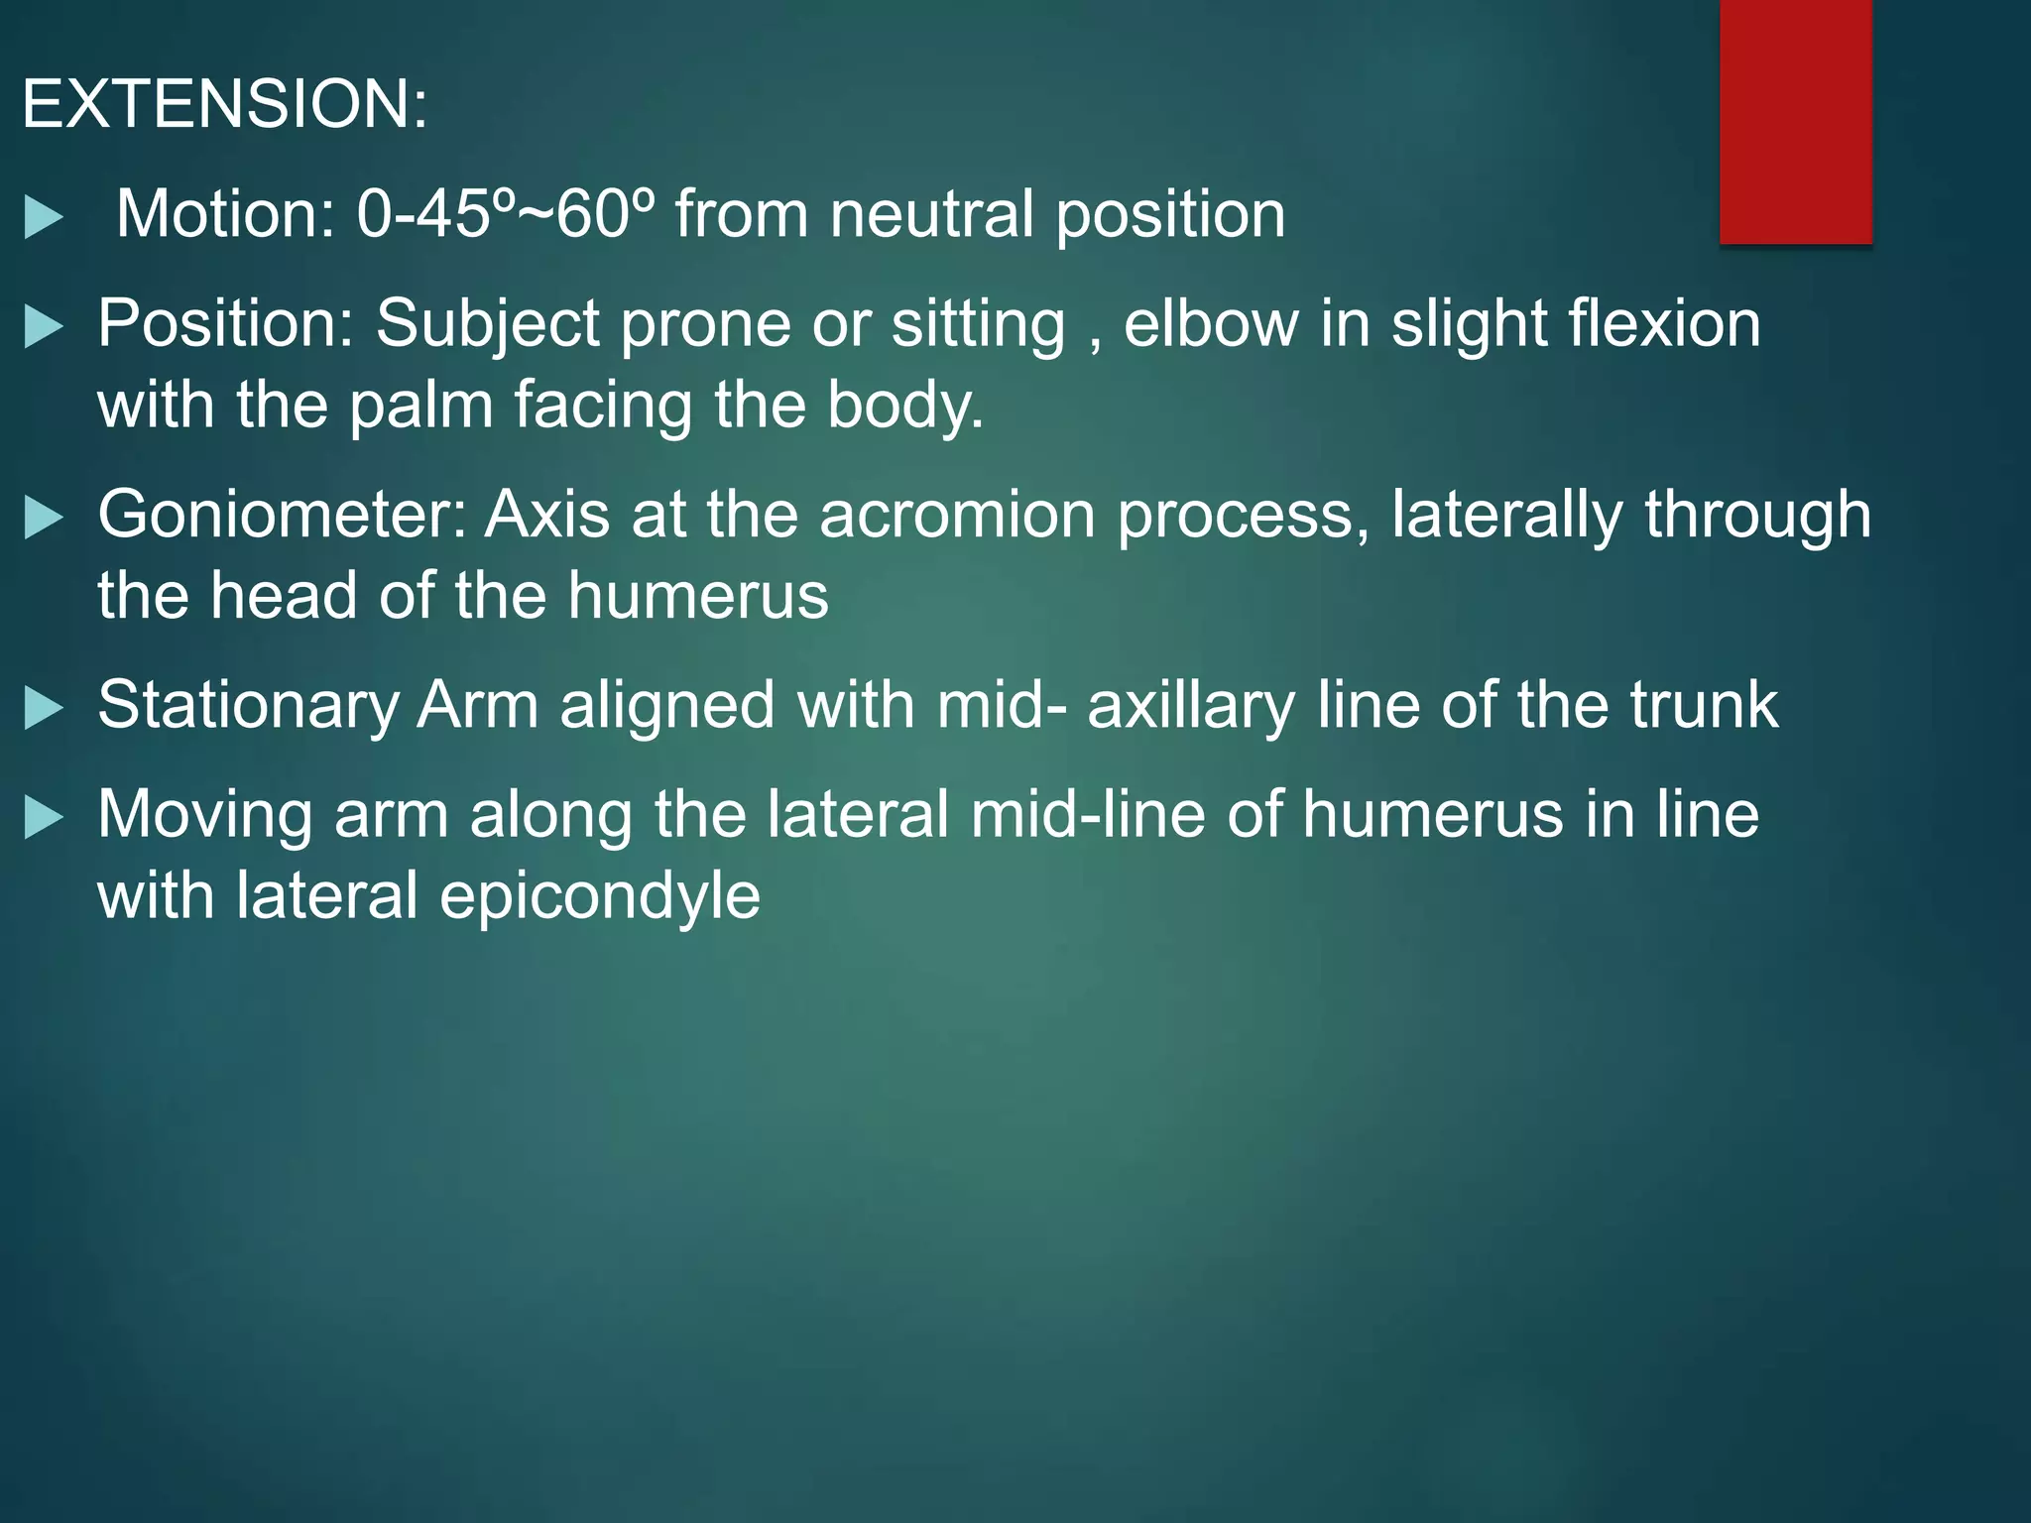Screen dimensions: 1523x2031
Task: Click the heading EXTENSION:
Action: (224, 103)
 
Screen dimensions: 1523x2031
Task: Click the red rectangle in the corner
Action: (1795, 121)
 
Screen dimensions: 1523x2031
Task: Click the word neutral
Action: (932, 213)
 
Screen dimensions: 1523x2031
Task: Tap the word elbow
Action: (1211, 323)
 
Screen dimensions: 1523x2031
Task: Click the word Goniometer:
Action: (282, 515)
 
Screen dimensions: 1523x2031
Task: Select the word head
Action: (284, 595)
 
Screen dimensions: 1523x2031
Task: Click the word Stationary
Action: (248, 706)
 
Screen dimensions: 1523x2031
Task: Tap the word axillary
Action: (1191, 706)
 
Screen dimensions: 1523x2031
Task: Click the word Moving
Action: (204, 815)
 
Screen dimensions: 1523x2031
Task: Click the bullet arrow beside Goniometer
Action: (44, 519)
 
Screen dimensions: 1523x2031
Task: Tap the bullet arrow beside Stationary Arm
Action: (44, 709)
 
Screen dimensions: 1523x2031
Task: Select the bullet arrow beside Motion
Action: (44, 218)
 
